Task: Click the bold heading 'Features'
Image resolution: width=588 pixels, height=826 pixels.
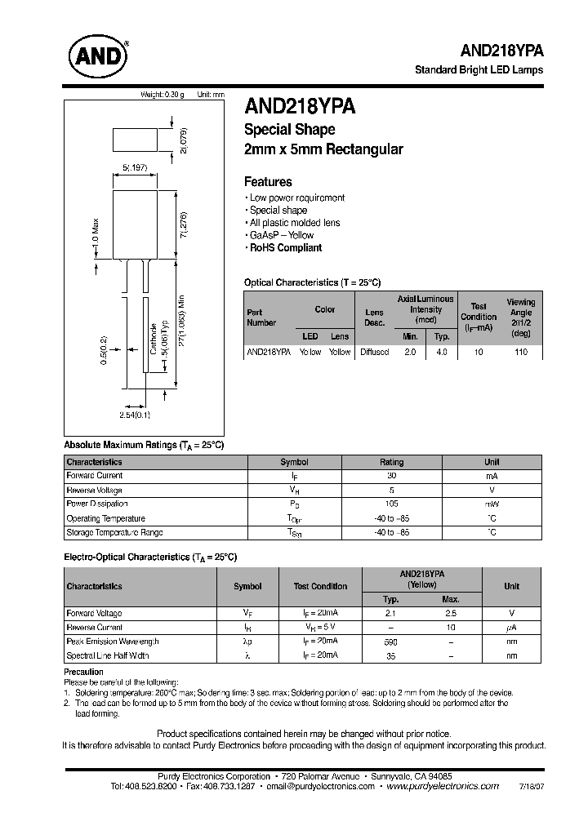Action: coord(268,182)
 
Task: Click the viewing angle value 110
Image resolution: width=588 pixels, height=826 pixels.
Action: coord(521,352)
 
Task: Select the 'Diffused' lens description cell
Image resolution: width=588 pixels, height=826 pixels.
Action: coord(374,352)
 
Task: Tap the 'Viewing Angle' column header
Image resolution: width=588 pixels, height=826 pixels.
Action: coord(520,318)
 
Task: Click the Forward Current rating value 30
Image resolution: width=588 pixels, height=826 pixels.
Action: coord(391,476)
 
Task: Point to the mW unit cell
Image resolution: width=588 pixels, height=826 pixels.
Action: coord(492,504)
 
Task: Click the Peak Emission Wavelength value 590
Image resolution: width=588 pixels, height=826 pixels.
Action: coord(390,642)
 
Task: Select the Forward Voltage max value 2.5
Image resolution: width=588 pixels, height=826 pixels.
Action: coord(451,613)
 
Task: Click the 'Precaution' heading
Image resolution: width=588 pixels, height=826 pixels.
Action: coord(84,672)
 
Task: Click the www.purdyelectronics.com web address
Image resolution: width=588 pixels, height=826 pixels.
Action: coord(442,786)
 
